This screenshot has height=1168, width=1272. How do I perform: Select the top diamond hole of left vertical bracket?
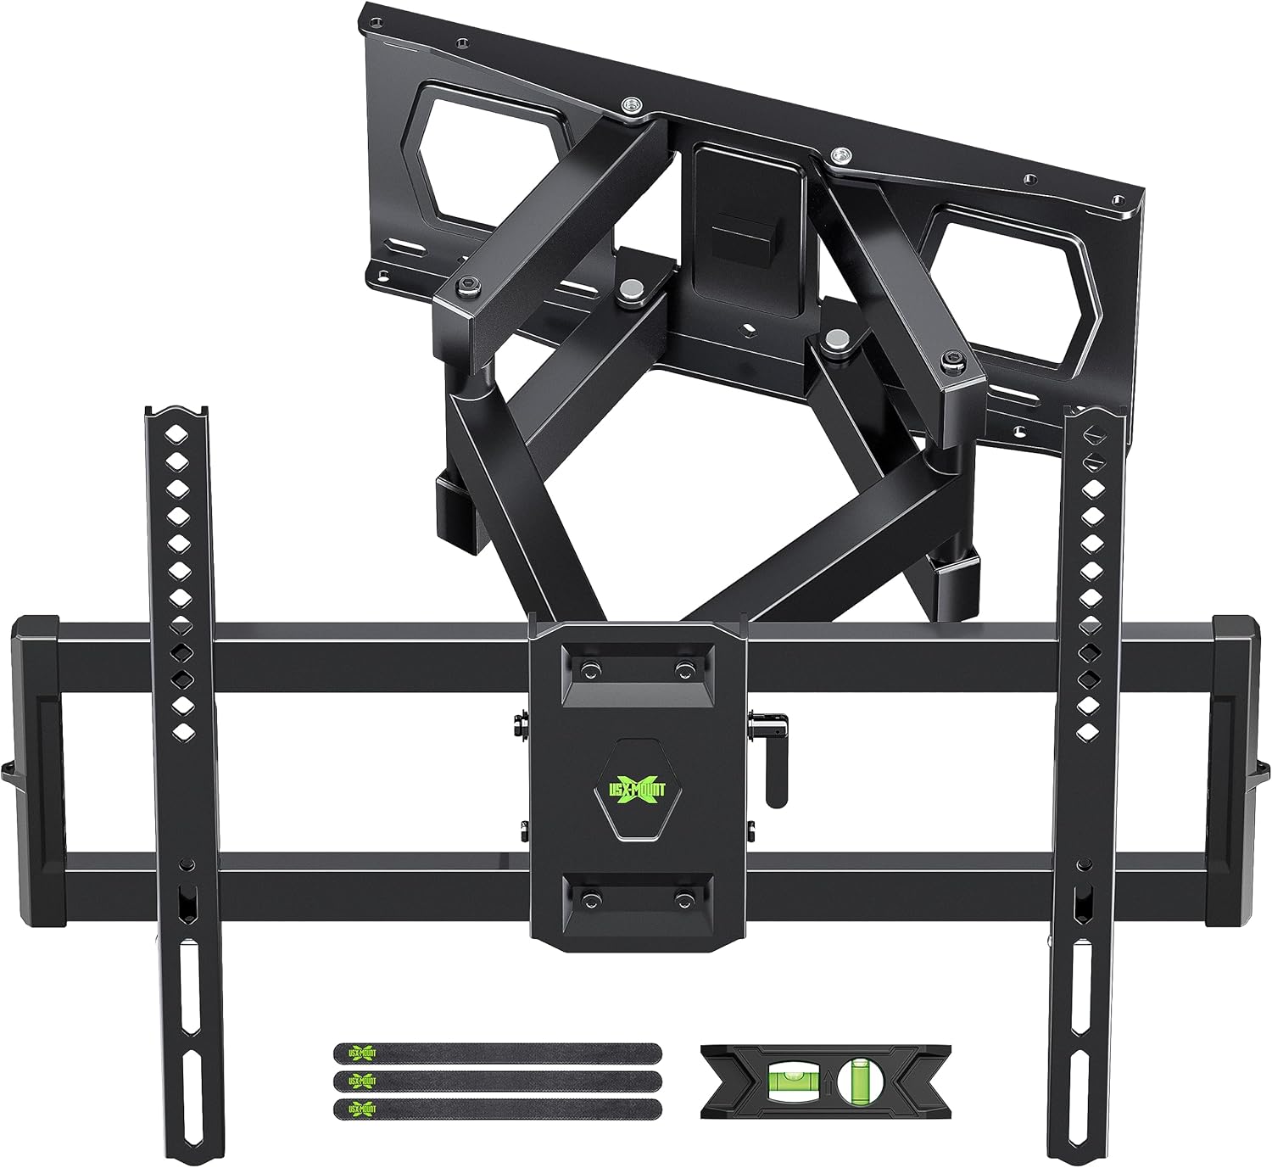coord(176,433)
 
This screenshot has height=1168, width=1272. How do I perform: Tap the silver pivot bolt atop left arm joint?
coord(629,290)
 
